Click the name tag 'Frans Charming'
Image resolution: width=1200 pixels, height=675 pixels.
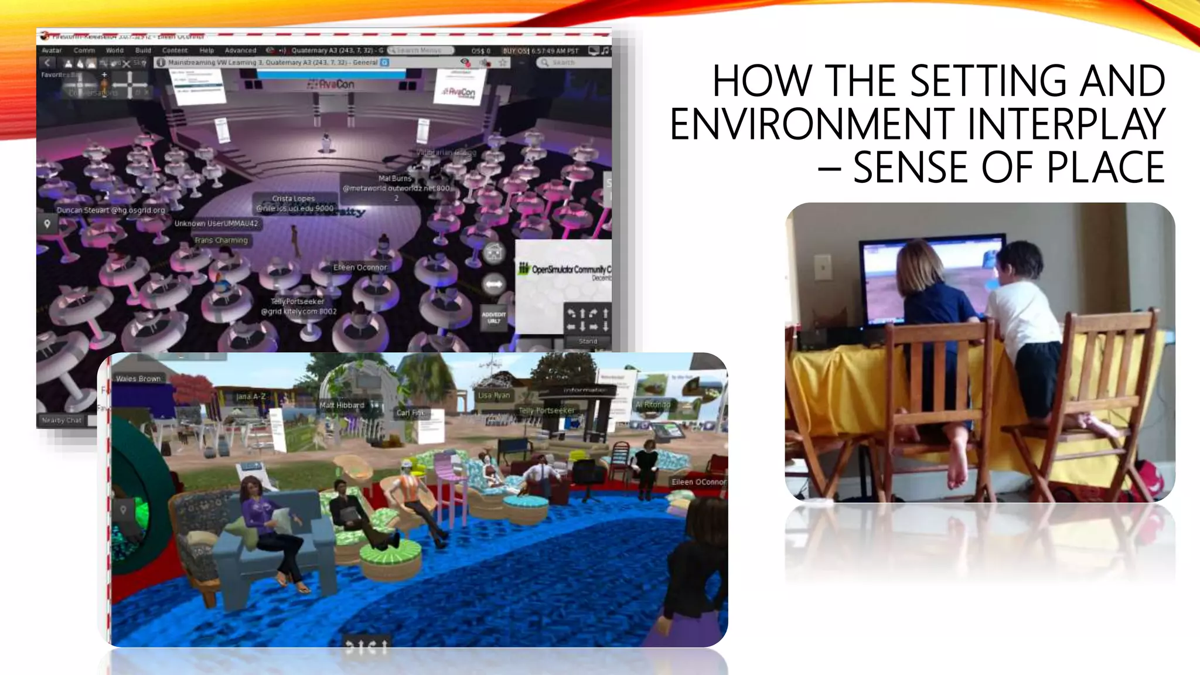click(x=221, y=240)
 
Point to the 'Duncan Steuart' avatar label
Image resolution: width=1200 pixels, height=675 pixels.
click(x=111, y=210)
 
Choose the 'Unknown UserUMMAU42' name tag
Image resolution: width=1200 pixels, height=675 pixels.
click(x=216, y=223)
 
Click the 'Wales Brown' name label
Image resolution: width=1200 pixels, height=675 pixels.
click(x=138, y=379)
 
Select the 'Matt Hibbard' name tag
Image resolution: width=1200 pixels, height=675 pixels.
click(x=342, y=405)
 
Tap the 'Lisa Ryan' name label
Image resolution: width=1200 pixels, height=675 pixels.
click(x=494, y=396)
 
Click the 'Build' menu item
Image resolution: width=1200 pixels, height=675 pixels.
click(x=143, y=50)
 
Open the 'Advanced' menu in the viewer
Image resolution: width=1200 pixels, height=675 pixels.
click(x=240, y=50)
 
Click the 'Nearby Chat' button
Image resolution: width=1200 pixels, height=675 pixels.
click(x=62, y=420)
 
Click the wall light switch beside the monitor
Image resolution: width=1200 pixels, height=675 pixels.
click(x=823, y=268)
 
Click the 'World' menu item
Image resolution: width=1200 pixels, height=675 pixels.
click(x=114, y=50)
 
